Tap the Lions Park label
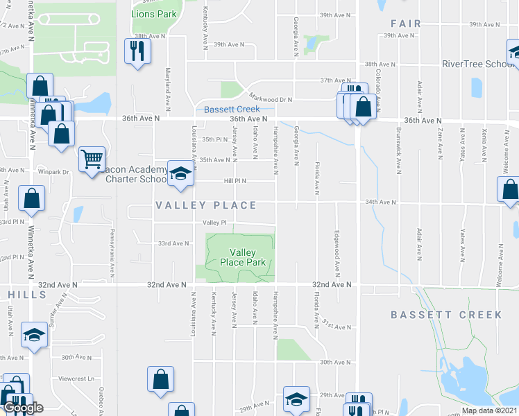pyautogui.click(x=153, y=13)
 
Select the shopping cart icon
pyautogui.click(x=92, y=160)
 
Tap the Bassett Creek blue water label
pyautogui.click(x=232, y=109)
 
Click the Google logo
pyautogui.click(x=24, y=407)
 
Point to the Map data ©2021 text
pyautogui.click(x=488, y=410)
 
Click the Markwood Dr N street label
pyautogui.click(x=271, y=99)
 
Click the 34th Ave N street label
pyautogui.click(x=380, y=202)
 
